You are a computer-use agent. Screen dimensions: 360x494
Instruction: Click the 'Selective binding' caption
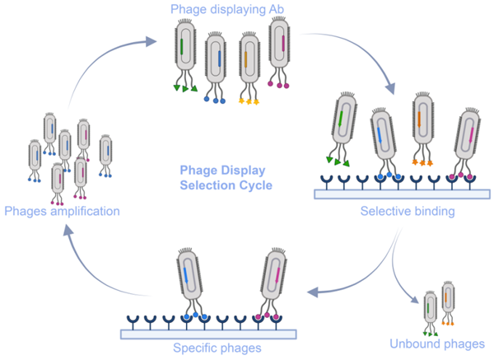(x=408, y=212)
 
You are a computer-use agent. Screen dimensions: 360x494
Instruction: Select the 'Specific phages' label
(x=218, y=348)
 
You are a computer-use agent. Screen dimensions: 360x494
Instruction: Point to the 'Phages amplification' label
(x=62, y=212)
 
